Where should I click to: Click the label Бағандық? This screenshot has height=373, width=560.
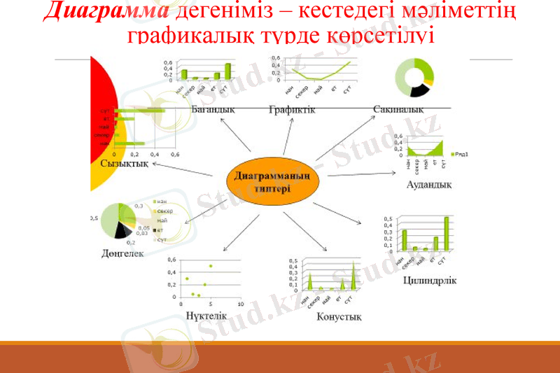tap(212, 109)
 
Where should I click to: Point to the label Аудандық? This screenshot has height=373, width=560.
tap(428, 185)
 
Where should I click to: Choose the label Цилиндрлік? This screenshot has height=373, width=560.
tap(430, 281)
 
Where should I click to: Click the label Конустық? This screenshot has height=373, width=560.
tap(339, 317)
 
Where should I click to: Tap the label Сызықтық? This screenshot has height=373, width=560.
tap(124, 163)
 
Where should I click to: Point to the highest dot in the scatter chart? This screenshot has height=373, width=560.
tap(211, 266)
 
